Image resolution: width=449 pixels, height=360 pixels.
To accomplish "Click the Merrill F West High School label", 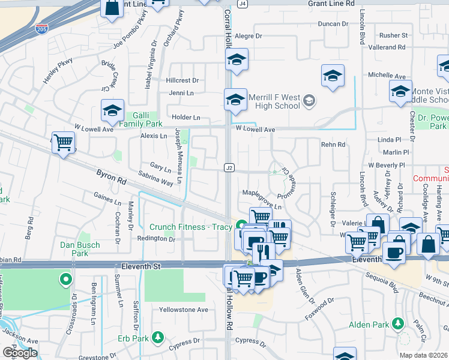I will click(x=274, y=101).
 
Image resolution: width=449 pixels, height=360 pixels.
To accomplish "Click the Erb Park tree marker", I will click(x=157, y=337).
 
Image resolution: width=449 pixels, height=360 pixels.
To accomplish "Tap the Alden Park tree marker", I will click(x=397, y=325).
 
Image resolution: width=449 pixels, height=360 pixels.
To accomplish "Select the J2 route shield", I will click(x=229, y=167).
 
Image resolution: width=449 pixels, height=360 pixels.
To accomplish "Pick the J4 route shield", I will click(x=243, y=4).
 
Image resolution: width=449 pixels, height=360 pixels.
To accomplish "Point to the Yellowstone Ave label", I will click(x=183, y=310).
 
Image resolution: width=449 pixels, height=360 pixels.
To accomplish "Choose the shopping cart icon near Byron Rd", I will click(x=63, y=143).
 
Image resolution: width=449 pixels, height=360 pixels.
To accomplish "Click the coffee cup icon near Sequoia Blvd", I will click(x=395, y=252).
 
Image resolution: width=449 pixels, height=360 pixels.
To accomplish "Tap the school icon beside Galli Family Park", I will click(x=112, y=110).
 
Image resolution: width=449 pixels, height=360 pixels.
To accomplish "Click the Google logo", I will click(x=19, y=353).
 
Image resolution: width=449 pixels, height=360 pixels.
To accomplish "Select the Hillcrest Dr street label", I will click(x=182, y=80).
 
